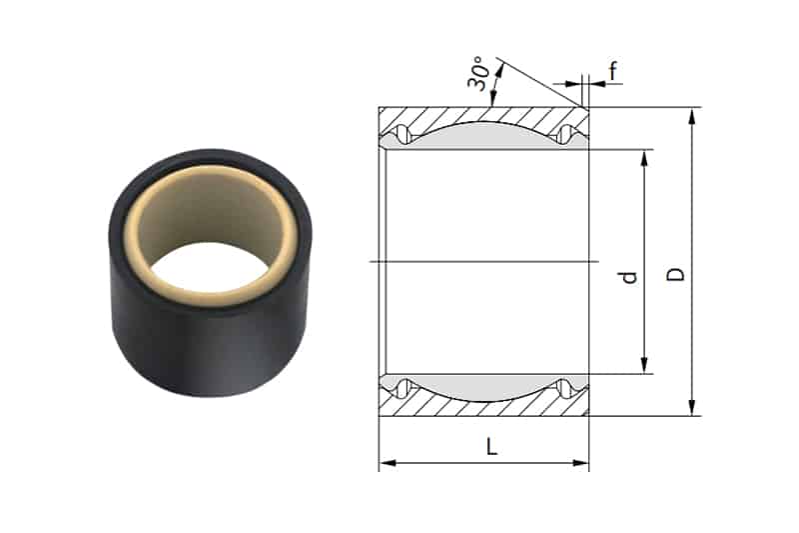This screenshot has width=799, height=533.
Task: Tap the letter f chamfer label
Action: [611, 71]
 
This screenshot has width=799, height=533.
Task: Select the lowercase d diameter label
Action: [628, 275]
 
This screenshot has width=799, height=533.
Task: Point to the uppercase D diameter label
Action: [676, 273]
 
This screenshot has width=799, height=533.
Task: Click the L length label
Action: [491, 447]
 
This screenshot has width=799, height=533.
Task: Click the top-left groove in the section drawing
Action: [401, 134]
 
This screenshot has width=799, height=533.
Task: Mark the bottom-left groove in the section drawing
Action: [401, 388]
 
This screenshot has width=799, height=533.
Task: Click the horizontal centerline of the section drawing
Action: [479, 261]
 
